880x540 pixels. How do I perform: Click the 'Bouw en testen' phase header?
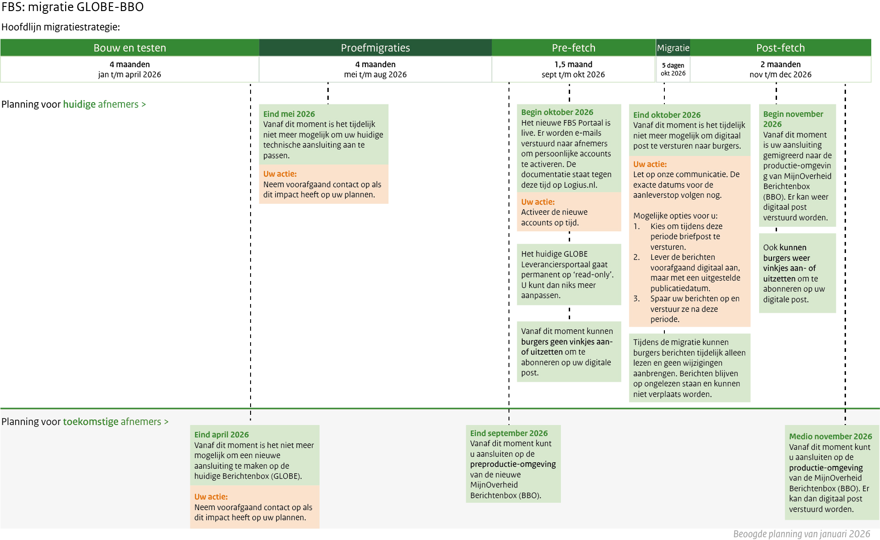tap(130, 48)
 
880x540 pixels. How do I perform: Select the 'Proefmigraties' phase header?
tap(375, 48)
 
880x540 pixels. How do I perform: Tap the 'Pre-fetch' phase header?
tap(573, 48)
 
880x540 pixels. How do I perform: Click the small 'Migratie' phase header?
tap(673, 48)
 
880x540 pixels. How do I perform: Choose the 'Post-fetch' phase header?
tap(780, 48)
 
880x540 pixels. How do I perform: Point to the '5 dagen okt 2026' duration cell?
tap(673, 69)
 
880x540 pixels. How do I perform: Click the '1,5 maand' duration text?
tap(573, 64)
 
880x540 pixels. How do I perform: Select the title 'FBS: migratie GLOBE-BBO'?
tap(73, 7)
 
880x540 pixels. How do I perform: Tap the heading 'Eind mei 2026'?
tap(289, 114)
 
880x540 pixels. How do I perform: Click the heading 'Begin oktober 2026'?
tap(557, 112)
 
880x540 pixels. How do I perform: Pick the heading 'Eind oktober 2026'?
tap(667, 115)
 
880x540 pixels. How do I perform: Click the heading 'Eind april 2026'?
tap(221, 435)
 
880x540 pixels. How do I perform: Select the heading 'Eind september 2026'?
tap(509, 433)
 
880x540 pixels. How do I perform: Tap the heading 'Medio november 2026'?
tap(830, 437)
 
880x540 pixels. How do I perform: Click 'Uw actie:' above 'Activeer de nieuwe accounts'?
tap(537, 202)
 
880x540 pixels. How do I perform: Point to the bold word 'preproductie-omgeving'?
tap(513, 464)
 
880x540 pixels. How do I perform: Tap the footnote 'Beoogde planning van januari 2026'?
tap(801, 534)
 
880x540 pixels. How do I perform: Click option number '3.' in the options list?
tap(636, 299)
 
